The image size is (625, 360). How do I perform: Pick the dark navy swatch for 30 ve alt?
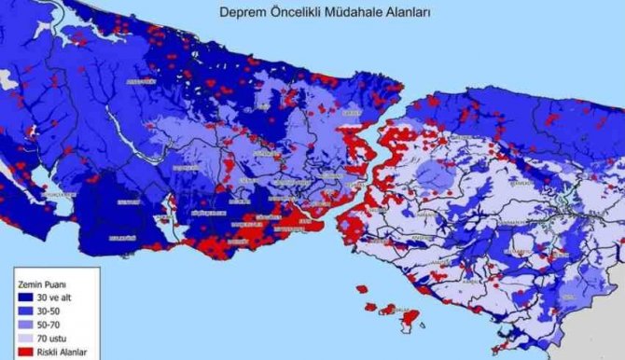tap(24, 296)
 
